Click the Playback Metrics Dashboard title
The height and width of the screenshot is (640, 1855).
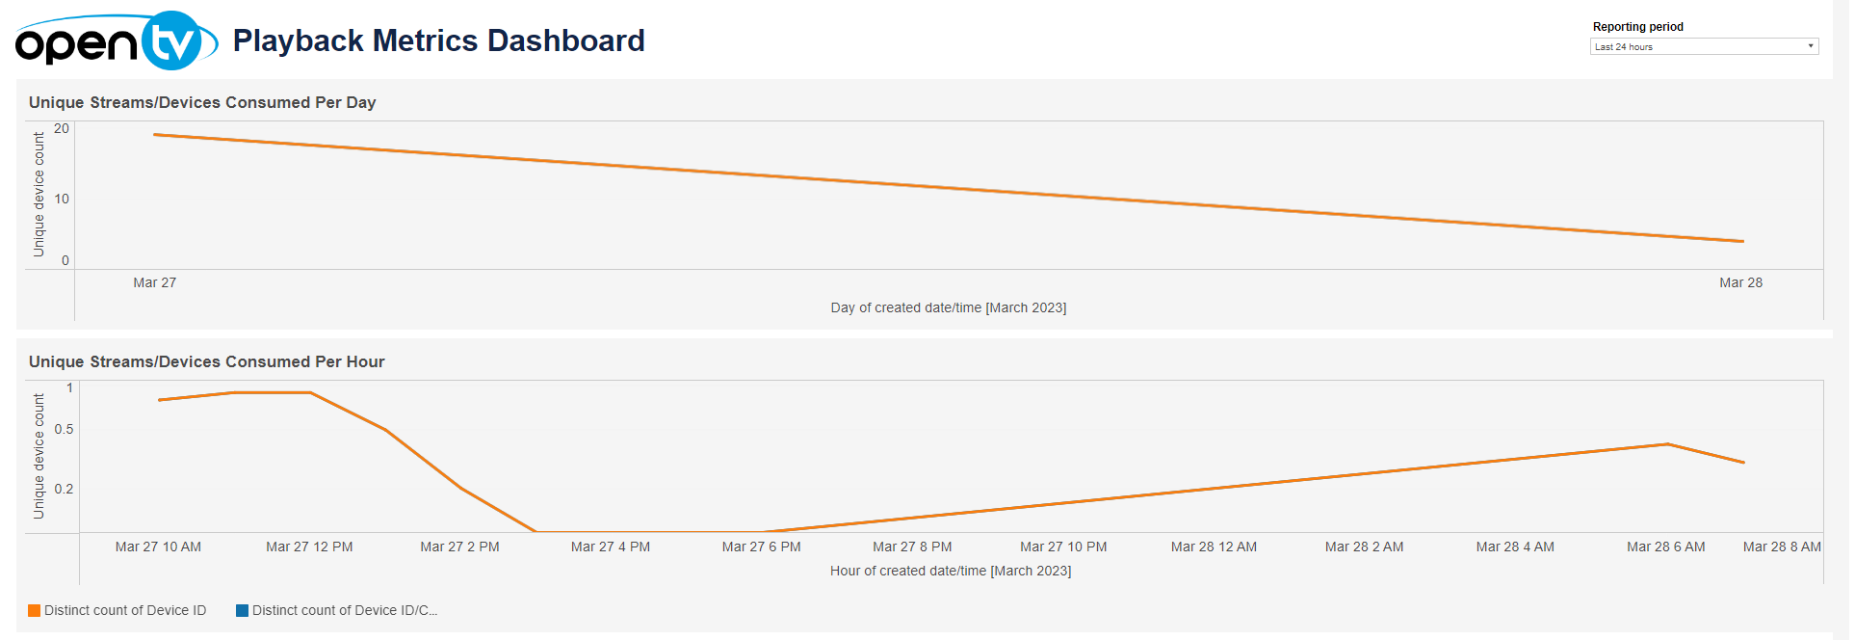(438, 40)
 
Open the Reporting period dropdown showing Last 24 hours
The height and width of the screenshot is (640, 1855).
(1703, 46)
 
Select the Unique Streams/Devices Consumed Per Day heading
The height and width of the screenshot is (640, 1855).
(202, 102)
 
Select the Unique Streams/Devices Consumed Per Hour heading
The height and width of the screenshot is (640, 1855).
(206, 361)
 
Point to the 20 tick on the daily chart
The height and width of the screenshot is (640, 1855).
(62, 128)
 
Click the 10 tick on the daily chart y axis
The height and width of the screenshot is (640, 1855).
(62, 199)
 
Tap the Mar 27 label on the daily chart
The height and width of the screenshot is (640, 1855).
(154, 282)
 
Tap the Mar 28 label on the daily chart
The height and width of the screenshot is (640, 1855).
(1740, 282)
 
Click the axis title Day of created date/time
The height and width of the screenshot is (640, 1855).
(948, 307)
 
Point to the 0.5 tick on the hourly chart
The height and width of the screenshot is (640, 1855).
(64, 429)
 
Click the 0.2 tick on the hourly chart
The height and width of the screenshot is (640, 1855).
(64, 489)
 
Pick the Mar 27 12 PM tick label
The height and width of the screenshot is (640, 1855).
(309, 547)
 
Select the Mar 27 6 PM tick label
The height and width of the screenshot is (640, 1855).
(761, 547)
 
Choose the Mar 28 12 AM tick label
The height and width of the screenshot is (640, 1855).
(1214, 547)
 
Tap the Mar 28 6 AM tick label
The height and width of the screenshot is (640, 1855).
(1665, 547)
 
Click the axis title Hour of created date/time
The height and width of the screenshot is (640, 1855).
(950, 571)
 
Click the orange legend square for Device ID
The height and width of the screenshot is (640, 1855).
(35, 610)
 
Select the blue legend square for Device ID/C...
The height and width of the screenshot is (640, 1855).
(243, 610)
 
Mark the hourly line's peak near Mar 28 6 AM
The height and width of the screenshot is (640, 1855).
(1667, 444)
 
